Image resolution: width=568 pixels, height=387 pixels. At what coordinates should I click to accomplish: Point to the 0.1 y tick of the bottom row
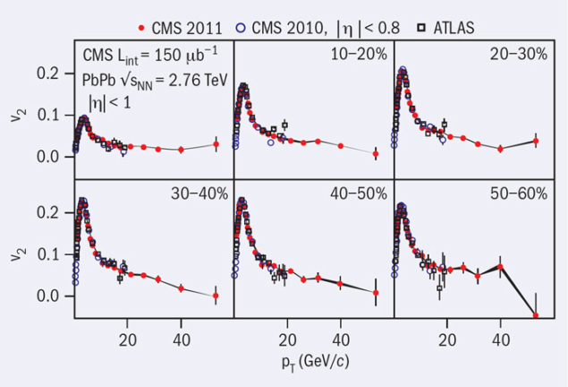(x=55, y=254)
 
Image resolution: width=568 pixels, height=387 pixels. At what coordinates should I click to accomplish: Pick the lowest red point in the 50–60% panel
(x=536, y=315)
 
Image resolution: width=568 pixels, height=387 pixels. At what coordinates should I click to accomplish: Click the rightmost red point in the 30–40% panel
(x=216, y=296)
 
